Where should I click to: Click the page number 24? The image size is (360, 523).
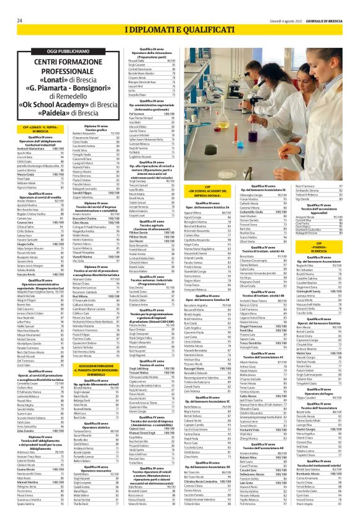click(x=20, y=20)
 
